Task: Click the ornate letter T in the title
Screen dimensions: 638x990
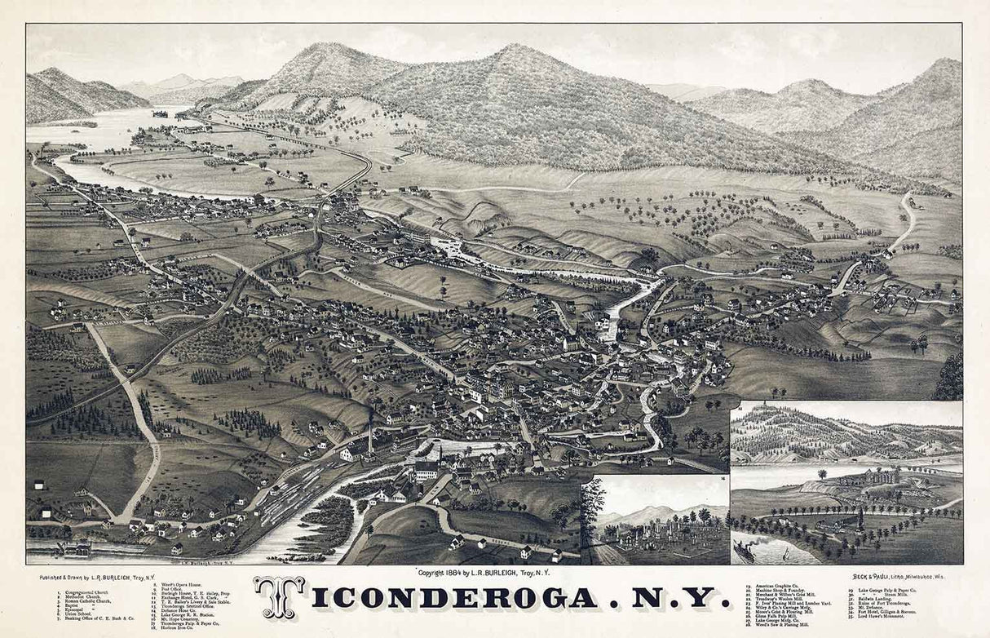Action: pos(279,598)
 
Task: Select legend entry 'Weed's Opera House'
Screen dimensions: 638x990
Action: pos(181,585)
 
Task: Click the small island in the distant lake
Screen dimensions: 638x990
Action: pos(160,113)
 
